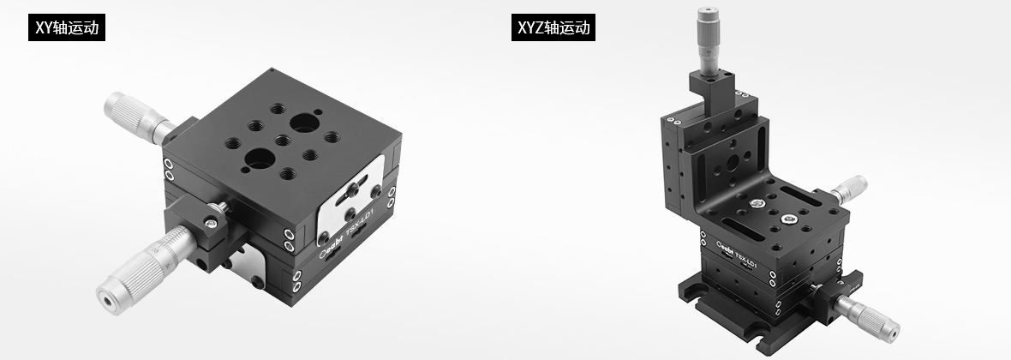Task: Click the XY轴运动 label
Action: pos(67,27)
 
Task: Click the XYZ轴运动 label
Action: pos(553,27)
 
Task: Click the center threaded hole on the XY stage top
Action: pos(283,140)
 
